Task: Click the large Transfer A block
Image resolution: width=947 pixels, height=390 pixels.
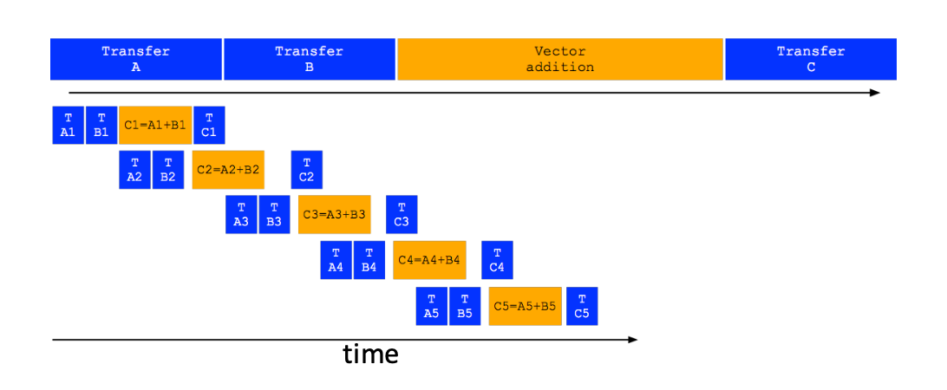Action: (136, 59)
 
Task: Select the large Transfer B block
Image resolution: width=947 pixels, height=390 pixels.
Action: (310, 59)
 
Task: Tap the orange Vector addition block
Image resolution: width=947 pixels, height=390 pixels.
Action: (560, 59)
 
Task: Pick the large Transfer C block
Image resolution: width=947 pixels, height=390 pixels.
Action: (811, 59)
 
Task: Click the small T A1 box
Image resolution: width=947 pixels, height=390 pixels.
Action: (69, 125)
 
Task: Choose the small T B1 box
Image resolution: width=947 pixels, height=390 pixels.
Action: (101, 125)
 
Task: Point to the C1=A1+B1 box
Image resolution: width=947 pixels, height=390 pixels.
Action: (155, 125)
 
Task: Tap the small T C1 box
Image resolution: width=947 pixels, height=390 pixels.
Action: (209, 125)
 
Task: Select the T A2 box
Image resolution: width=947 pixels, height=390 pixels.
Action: (134, 170)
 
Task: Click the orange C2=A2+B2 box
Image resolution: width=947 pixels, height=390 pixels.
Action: (228, 170)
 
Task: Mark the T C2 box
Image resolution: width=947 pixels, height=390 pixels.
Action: (307, 170)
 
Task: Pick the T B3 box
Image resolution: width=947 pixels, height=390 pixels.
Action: (274, 214)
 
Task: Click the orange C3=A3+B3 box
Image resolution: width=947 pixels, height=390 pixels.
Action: (334, 214)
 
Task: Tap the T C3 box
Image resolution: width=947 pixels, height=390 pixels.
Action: (402, 214)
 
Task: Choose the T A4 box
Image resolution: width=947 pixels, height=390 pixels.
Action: (336, 260)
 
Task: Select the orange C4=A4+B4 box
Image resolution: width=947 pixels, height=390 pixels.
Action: (429, 260)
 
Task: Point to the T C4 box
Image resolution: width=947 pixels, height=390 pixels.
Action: (497, 260)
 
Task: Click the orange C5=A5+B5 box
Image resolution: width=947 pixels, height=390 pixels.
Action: (525, 306)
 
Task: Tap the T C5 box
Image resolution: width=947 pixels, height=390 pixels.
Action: (582, 306)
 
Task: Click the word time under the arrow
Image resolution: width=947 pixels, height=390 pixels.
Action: (371, 354)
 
